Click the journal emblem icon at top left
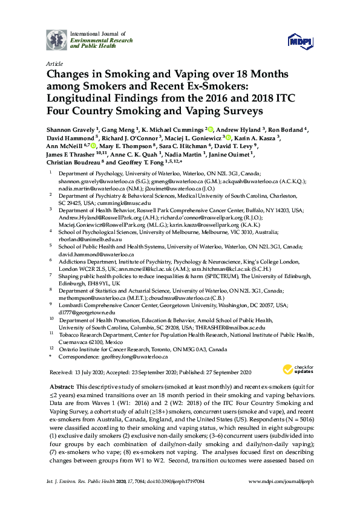pos(57,39)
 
